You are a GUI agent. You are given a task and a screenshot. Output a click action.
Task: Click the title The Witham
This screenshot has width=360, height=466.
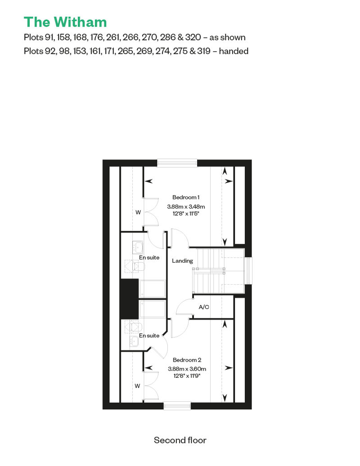point(65,22)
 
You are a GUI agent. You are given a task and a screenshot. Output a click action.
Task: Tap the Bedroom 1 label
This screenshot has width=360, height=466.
point(186,197)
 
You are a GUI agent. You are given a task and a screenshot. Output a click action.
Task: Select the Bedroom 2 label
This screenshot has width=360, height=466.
point(187,360)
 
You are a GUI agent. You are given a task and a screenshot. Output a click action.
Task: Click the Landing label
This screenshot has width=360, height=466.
point(183,261)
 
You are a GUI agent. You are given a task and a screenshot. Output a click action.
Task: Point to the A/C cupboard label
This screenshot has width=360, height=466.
point(204,307)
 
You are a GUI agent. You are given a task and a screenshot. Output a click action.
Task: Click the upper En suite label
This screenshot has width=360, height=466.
point(149,258)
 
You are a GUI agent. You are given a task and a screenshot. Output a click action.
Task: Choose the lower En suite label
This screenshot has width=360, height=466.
point(149,336)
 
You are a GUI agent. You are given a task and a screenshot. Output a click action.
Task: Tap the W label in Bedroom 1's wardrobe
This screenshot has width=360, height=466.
point(138,212)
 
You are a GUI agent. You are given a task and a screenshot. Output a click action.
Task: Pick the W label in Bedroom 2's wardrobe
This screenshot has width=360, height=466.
point(137,386)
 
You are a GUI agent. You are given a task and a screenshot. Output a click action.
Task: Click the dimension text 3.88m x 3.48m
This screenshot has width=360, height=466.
point(186,206)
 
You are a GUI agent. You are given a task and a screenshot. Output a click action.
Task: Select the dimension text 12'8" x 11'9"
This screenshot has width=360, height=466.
point(187,376)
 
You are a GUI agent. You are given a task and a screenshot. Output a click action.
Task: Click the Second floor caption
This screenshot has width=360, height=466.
point(180,440)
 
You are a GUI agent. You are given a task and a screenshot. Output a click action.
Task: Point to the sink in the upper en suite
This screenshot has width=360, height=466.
point(138,246)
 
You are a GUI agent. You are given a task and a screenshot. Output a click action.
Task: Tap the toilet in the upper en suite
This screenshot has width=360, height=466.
point(138,266)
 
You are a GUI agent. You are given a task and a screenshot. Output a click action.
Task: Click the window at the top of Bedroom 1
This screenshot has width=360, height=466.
point(177,163)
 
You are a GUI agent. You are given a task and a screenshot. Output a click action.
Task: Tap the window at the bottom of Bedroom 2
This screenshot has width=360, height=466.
point(177,406)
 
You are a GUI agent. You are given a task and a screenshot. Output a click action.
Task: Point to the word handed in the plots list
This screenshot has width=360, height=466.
point(234,51)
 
